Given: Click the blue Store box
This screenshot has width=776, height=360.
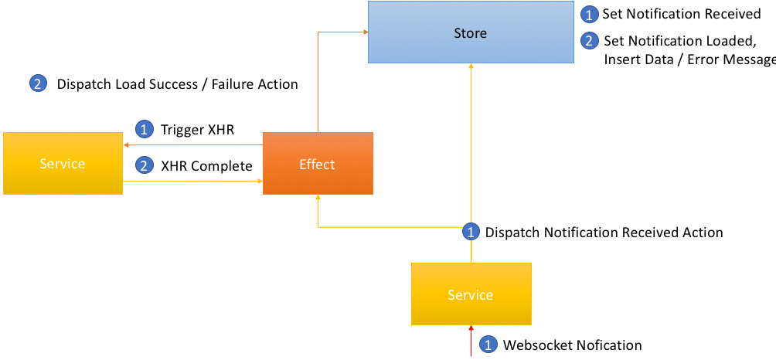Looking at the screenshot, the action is (x=470, y=32).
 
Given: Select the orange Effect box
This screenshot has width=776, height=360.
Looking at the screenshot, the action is (x=318, y=164).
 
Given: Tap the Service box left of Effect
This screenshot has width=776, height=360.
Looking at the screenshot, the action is (x=63, y=163).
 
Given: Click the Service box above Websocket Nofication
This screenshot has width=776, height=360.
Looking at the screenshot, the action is (x=471, y=294).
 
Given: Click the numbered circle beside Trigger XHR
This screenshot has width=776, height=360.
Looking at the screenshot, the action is (x=144, y=130).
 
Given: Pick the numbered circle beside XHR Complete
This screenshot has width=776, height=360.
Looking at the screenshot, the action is (x=144, y=165).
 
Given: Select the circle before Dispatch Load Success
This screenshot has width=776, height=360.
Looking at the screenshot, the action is (x=38, y=84).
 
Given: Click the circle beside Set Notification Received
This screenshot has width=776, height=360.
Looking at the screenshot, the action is (x=588, y=15).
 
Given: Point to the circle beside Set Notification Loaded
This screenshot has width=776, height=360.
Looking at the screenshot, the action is (x=588, y=40).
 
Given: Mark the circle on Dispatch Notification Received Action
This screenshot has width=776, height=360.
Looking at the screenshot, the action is (x=470, y=232).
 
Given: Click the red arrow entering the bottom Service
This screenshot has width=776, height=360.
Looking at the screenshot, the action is (x=471, y=341).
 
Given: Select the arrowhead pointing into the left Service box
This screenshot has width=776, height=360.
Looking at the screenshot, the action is (x=126, y=145).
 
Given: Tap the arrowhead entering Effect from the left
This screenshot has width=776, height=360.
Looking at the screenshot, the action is (x=260, y=182).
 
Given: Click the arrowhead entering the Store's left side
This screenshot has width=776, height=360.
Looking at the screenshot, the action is (x=365, y=32).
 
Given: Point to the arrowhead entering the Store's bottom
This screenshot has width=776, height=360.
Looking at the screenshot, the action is (x=471, y=66).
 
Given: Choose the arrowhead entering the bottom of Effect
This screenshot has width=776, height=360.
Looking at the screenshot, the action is (x=318, y=198).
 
